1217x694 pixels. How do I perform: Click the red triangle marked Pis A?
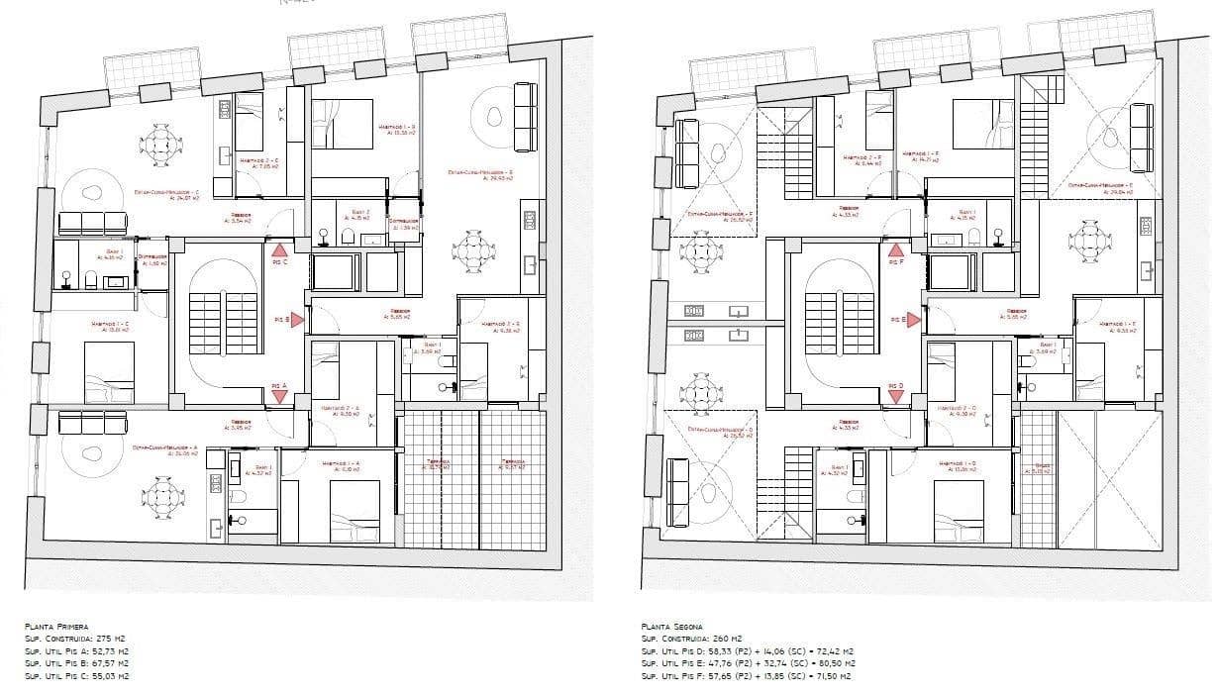pyautogui.click(x=279, y=396)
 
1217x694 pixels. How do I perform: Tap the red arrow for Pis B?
pyautogui.click(x=297, y=320)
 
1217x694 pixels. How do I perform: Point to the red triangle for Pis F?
pyautogui.click(x=896, y=251)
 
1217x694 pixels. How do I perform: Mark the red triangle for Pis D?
pyautogui.click(x=896, y=396)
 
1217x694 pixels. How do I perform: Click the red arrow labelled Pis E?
pyautogui.click(x=914, y=320)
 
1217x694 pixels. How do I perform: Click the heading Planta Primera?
pyautogui.click(x=56, y=627)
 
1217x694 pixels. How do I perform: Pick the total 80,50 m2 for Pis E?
pyautogui.click(x=831, y=663)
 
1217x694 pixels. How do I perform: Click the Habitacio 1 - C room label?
pyautogui.click(x=110, y=326)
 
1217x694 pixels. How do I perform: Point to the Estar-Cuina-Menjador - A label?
pyautogui.click(x=165, y=448)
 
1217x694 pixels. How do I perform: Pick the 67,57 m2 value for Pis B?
pyautogui.click(x=110, y=663)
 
